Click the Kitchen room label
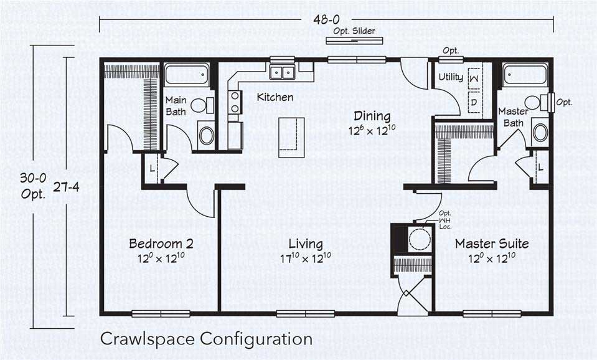(275, 97)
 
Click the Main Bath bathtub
(187, 75)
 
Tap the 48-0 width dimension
(327, 20)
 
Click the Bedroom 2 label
(161, 244)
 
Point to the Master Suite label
(492, 244)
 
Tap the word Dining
(372, 116)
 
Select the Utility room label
(450, 77)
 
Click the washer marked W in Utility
(474, 78)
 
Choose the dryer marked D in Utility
(474, 101)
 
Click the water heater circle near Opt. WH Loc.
(419, 239)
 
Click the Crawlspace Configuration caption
(206, 339)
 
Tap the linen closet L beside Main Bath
(153, 169)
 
